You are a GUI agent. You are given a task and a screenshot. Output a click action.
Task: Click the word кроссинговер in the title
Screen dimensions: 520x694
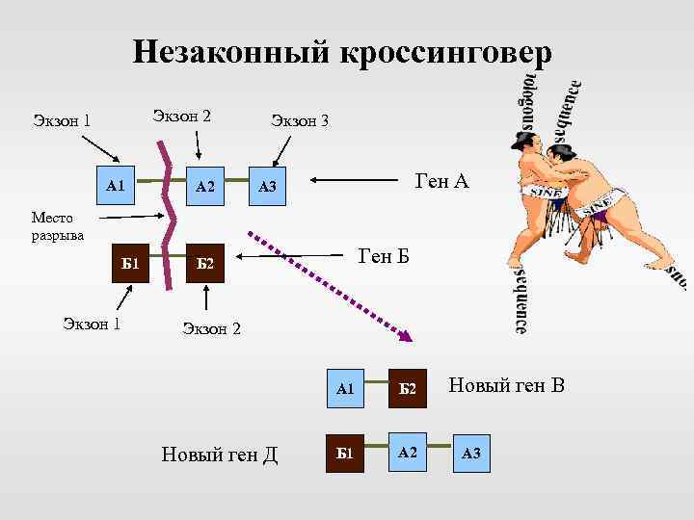(445, 52)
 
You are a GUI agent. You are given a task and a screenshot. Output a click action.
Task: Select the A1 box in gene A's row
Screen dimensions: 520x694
(115, 184)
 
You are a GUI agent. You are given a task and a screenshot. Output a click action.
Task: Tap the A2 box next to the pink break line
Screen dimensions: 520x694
(204, 185)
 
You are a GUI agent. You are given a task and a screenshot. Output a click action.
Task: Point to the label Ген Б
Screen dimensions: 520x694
(384, 256)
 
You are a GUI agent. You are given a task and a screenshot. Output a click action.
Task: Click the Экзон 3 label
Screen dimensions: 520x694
(300, 120)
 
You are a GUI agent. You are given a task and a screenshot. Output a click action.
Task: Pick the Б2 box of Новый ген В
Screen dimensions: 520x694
(407, 388)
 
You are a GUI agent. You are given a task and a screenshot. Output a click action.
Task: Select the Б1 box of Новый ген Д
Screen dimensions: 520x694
(345, 453)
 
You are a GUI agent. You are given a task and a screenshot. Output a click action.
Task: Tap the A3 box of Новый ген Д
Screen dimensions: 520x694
(471, 453)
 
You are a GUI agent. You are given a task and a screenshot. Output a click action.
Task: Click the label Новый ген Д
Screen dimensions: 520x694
(220, 454)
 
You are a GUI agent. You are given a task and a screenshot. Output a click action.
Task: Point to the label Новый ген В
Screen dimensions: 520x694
(506, 387)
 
